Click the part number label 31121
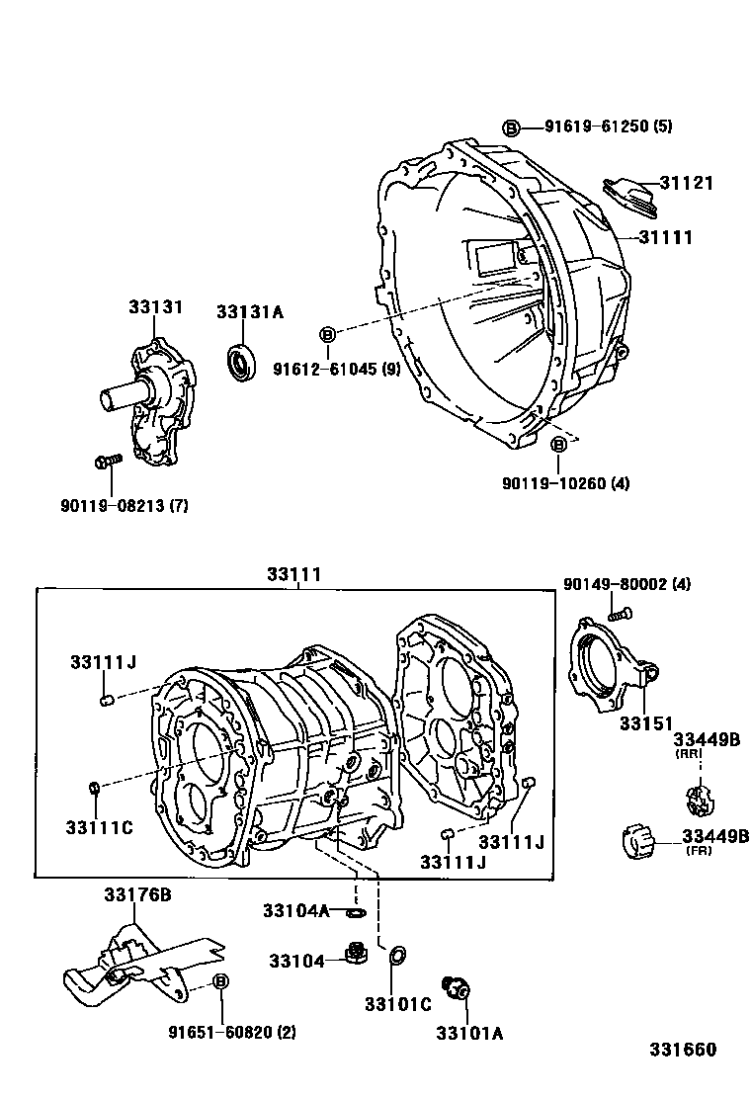(688, 183)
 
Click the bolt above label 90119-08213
(107, 460)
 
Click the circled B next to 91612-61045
(328, 335)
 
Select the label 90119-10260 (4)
(565, 483)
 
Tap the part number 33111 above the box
(293, 574)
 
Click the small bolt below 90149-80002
(620, 614)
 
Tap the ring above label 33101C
(397, 955)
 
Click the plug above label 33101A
(457, 986)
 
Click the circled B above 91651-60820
(221, 980)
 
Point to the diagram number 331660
(682, 1050)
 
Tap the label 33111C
(100, 826)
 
